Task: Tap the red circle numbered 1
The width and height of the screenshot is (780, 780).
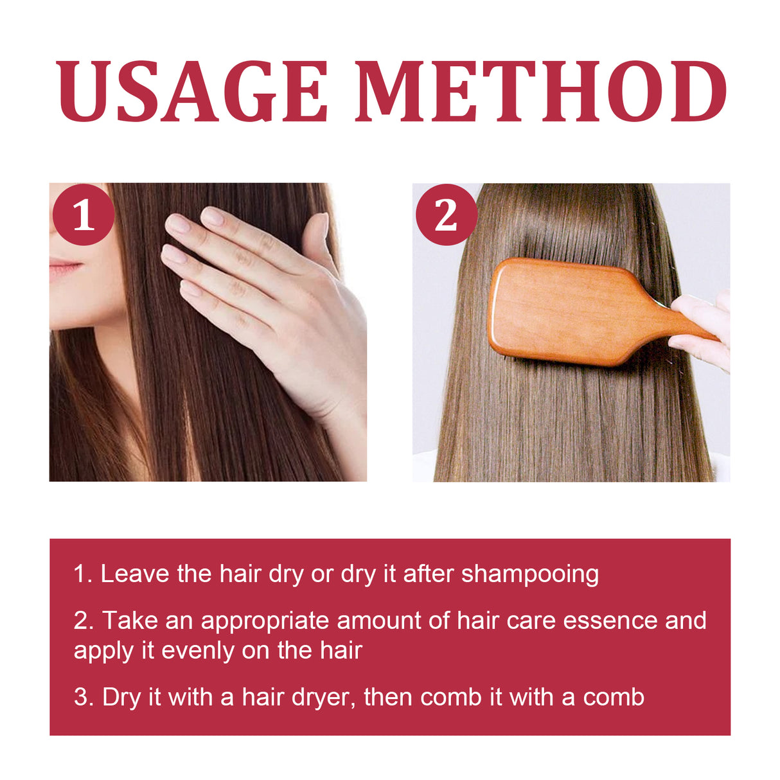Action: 84,215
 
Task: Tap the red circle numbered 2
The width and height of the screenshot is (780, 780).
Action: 446,215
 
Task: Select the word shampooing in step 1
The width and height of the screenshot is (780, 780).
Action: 529,574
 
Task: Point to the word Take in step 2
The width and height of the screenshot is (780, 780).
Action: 130,621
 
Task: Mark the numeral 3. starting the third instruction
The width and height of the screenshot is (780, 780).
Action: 84,697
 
